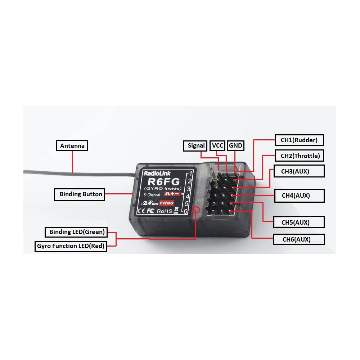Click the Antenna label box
coord(72,146)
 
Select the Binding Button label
coord(80,194)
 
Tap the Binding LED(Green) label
coord(77,232)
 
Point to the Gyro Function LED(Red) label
coord(71,247)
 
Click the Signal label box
coord(196,146)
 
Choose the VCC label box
coord(217,146)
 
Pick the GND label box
coord(235,146)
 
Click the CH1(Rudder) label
coord(299,140)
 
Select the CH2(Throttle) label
coord(300,156)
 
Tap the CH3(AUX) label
coord(299,171)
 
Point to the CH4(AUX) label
coord(299,195)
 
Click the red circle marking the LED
coord(196,210)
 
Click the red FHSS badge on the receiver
coord(167,203)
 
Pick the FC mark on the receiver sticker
coord(150,211)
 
